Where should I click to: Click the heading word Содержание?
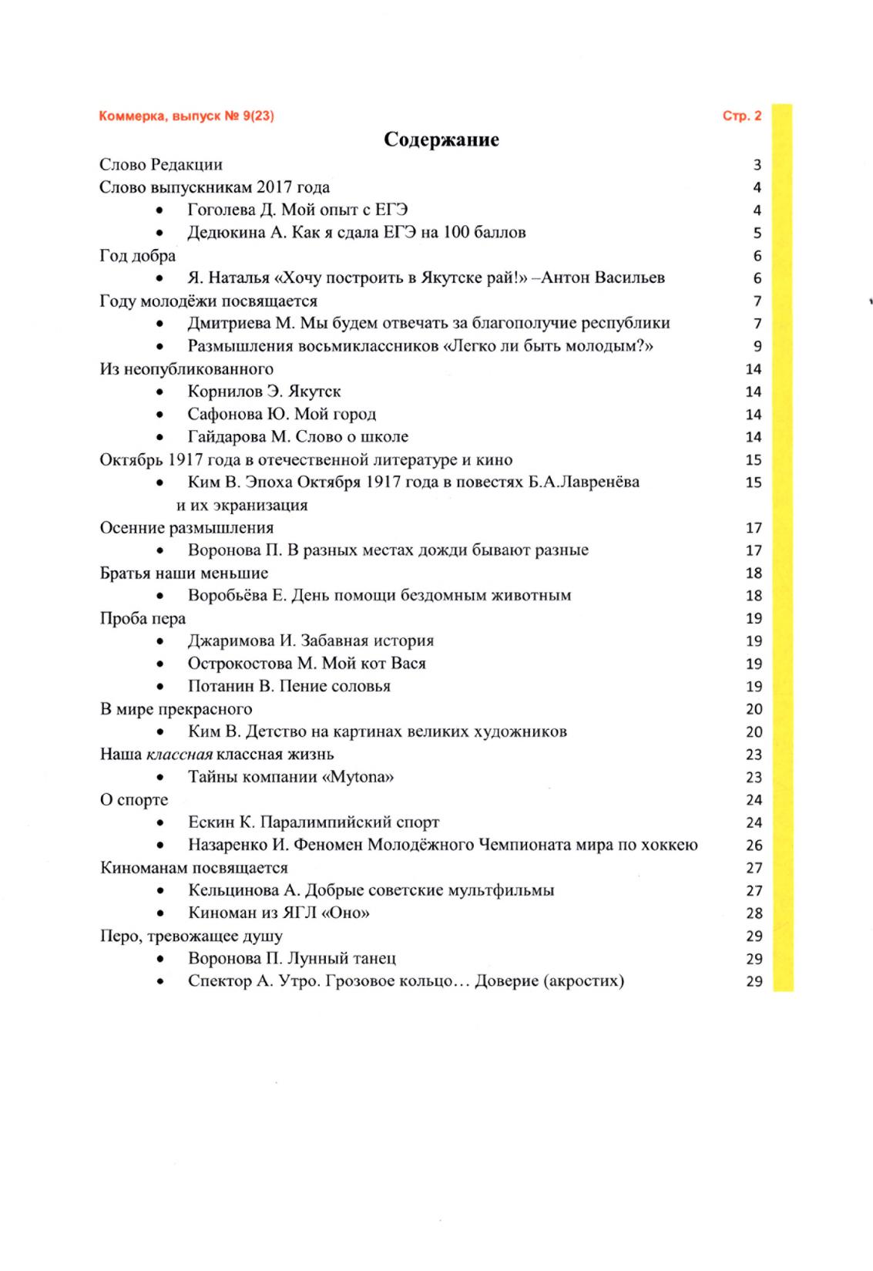click(x=441, y=140)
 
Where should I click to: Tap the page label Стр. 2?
click(x=741, y=116)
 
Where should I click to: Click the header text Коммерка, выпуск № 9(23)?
click(x=186, y=116)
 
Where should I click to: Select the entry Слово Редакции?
click(x=161, y=164)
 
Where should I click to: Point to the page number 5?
click(x=757, y=233)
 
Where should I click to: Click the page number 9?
click(x=757, y=346)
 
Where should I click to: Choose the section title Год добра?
click(x=138, y=255)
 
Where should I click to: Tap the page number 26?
click(x=754, y=846)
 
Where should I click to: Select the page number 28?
click(x=754, y=913)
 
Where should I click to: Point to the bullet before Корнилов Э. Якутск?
click(x=159, y=392)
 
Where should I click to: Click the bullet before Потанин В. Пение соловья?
click(x=159, y=687)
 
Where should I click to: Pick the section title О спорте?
click(x=134, y=800)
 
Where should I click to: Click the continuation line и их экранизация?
click(x=242, y=506)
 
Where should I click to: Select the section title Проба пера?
click(x=143, y=618)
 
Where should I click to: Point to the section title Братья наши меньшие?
click(x=184, y=573)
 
